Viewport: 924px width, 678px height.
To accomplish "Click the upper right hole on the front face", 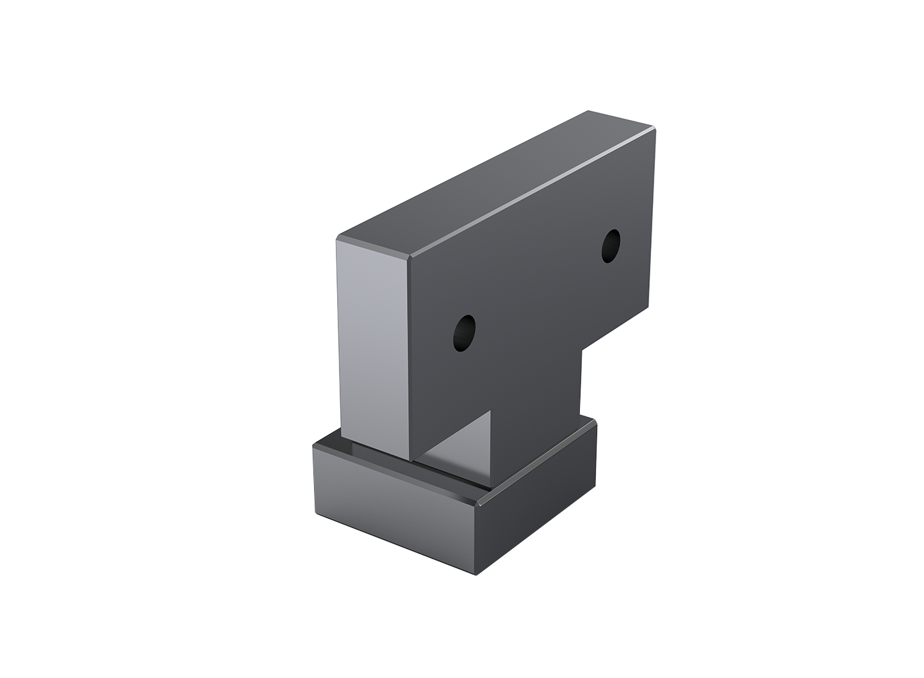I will [x=611, y=246].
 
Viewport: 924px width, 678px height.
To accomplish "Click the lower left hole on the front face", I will [x=464, y=332].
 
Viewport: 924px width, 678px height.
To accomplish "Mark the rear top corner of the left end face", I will [x=340, y=239].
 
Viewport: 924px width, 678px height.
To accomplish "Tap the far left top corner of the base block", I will [x=313, y=446].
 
